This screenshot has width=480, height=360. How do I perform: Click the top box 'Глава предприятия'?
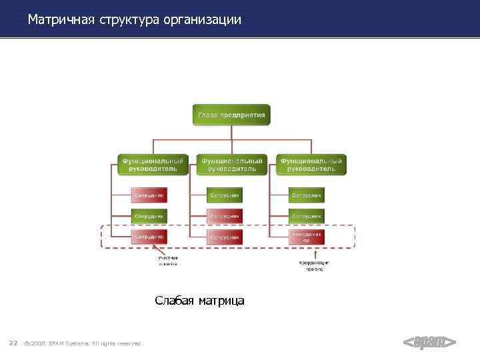pos(231,115)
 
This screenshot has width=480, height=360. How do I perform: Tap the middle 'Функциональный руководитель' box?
pos(231,164)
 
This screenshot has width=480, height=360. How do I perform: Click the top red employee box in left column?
pos(149,195)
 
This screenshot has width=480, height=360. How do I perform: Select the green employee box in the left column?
pos(149,216)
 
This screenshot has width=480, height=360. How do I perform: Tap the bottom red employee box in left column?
pos(149,237)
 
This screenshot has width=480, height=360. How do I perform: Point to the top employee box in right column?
pos(307,195)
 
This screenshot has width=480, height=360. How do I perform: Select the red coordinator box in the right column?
pos(307,237)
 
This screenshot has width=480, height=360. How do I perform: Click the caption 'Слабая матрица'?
pos(199,301)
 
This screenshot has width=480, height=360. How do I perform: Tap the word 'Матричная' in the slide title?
pos(62,20)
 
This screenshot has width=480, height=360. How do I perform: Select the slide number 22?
pos(13,343)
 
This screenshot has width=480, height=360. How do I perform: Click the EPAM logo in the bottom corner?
pos(429,343)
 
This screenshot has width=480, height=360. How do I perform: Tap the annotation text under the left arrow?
pos(168,261)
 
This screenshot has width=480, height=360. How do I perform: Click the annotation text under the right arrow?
pos(313,265)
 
